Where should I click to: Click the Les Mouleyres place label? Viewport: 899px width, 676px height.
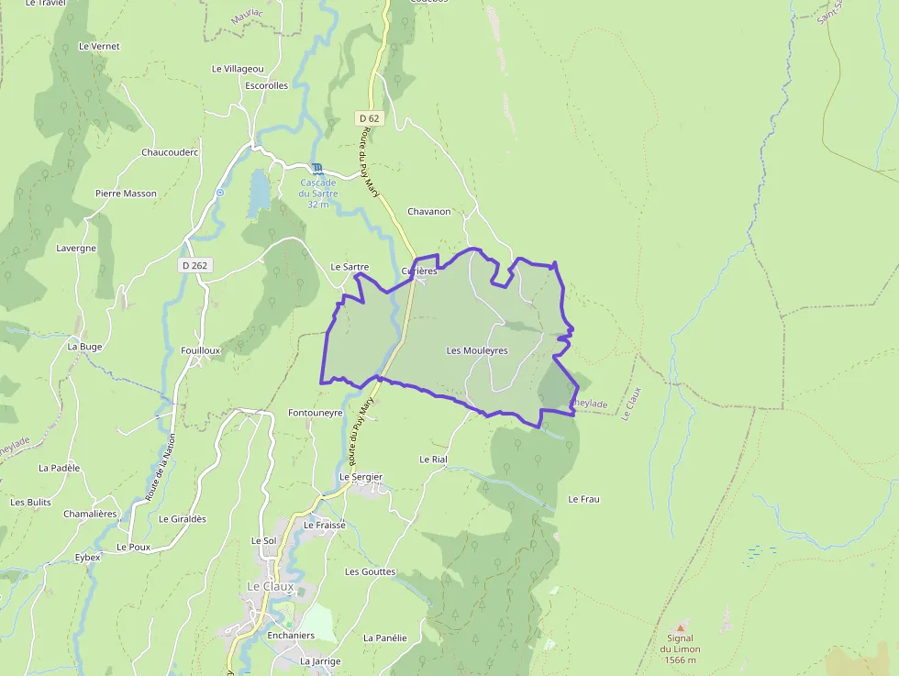click(x=477, y=350)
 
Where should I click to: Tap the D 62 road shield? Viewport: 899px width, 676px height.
click(x=369, y=118)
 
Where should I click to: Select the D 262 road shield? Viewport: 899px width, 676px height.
click(x=194, y=265)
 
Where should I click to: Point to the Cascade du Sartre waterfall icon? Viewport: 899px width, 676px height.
click(x=317, y=168)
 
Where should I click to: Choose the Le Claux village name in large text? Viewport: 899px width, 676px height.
click(x=271, y=586)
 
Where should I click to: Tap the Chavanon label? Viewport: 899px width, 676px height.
click(x=429, y=212)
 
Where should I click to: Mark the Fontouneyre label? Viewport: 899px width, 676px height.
click(x=315, y=413)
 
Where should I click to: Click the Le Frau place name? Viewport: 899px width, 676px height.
click(x=583, y=499)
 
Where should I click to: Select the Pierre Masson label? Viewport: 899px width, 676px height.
click(x=126, y=194)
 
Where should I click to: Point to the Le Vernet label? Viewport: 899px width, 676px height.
click(x=99, y=46)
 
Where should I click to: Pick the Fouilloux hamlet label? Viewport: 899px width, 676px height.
click(x=201, y=350)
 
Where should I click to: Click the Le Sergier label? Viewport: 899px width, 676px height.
click(x=361, y=477)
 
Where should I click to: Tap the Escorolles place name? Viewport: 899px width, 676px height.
click(x=266, y=85)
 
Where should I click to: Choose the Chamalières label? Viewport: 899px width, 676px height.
click(x=90, y=514)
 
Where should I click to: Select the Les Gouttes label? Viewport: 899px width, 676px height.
click(x=370, y=571)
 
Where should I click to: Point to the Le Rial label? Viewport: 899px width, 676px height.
click(x=433, y=459)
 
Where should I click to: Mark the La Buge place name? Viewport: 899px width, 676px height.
click(x=84, y=347)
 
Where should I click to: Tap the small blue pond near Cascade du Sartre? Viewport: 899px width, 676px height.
click(x=260, y=191)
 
